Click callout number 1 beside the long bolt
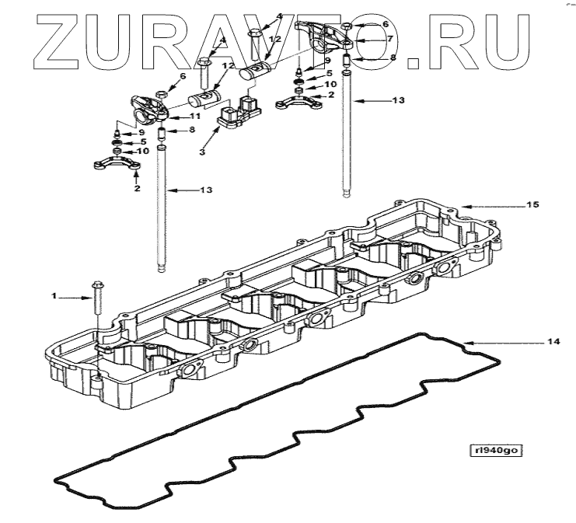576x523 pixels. coord(54,296)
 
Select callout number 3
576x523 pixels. coord(201,153)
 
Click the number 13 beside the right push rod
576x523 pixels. coord(400,100)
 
